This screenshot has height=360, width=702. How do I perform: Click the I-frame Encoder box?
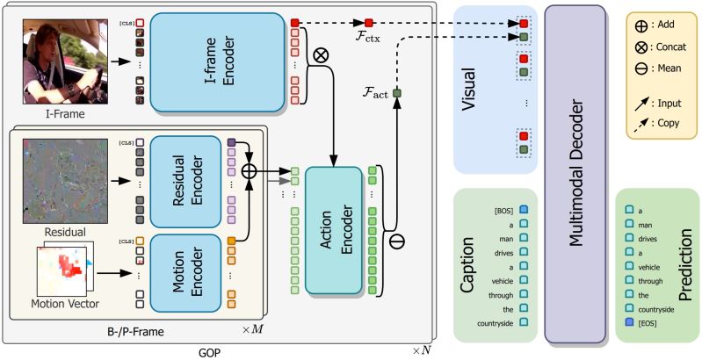[x=217, y=61]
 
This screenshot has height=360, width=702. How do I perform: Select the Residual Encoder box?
[x=185, y=182]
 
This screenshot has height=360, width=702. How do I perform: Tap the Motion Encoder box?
[x=185, y=273]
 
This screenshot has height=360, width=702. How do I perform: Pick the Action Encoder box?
[x=334, y=230]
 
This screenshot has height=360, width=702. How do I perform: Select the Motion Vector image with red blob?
[x=64, y=271]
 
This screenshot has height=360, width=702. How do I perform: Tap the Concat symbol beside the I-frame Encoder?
[x=321, y=55]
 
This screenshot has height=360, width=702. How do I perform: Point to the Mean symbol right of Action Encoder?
[x=397, y=241]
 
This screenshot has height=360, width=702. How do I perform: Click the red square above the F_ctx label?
[x=368, y=22]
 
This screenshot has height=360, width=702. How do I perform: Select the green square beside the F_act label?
[x=396, y=93]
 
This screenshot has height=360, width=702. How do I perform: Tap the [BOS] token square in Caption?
[x=524, y=210]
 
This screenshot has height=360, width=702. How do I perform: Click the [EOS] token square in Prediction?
[x=629, y=321]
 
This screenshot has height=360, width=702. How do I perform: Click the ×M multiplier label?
[x=251, y=330]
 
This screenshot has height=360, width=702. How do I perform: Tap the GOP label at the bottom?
[x=209, y=353]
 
